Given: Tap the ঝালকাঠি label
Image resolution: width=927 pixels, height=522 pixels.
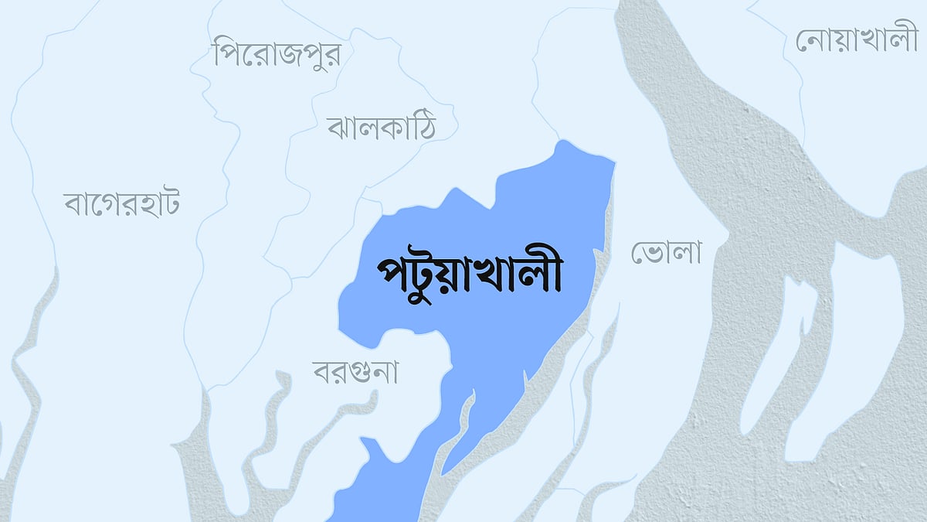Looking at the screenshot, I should point(381,127).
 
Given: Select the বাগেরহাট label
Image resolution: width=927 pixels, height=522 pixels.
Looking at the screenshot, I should point(122,205).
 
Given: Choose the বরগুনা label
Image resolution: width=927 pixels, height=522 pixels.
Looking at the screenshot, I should point(355,372).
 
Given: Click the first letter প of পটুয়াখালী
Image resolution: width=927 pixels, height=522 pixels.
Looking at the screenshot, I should point(391,277).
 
